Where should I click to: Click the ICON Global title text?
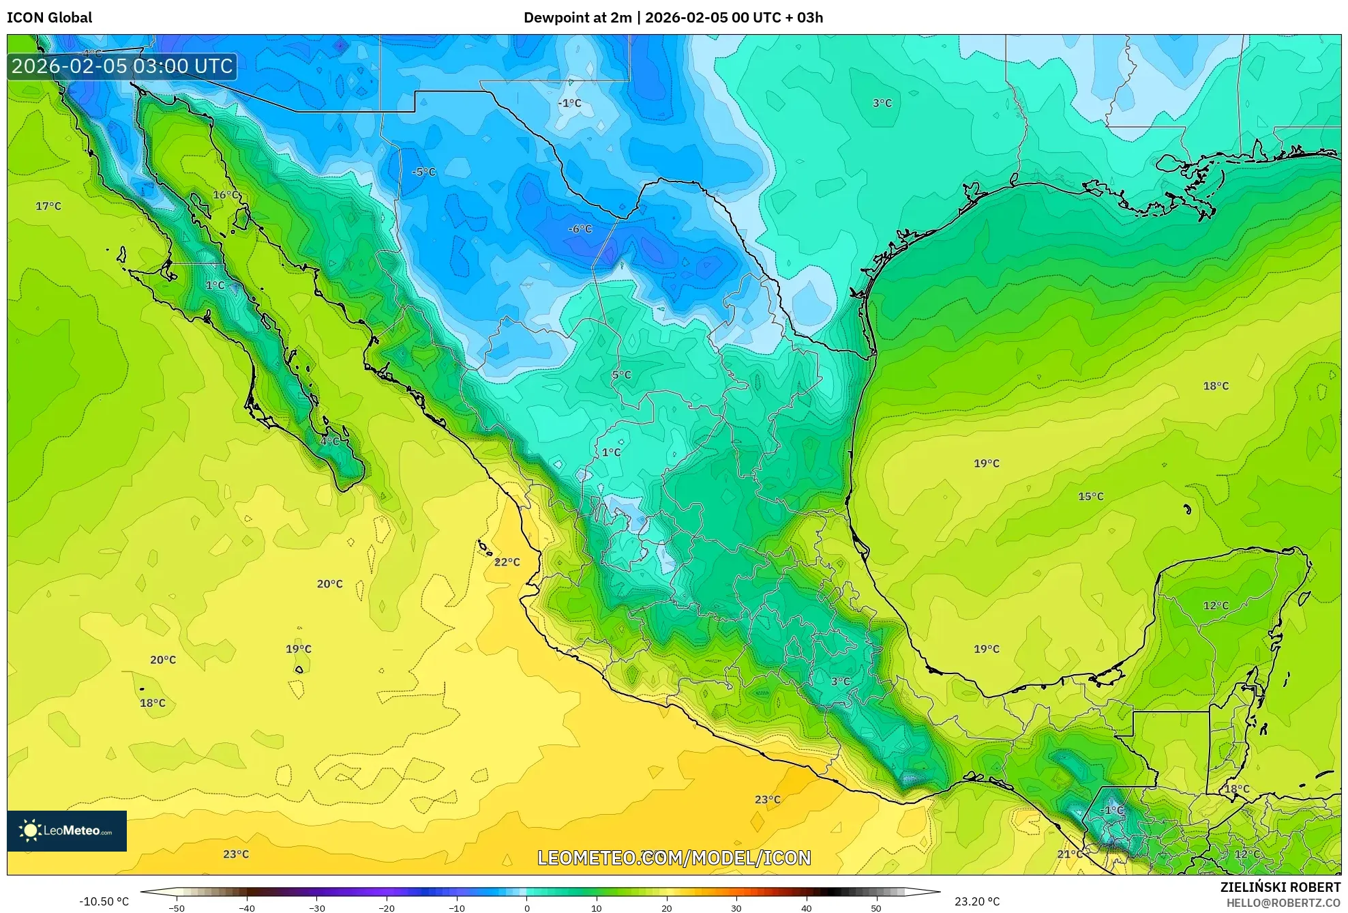[x=49, y=18]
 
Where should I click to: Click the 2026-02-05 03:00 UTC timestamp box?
[x=122, y=66]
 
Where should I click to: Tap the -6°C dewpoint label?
[x=580, y=229]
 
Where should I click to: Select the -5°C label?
[x=423, y=172]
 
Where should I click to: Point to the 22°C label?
[x=507, y=562]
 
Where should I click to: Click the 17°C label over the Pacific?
[x=48, y=206]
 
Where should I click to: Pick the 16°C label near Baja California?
[x=226, y=195]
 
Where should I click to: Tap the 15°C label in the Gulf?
[x=1090, y=497]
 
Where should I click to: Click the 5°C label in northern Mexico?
[x=621, y=375]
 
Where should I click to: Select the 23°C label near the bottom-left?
[x=236, y=854]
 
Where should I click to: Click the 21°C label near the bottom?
[x=1070, y=854]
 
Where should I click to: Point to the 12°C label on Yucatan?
[x=1216, y=606]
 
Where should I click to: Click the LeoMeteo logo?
[x=67, y=830]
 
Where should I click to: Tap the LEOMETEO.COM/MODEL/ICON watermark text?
[x=674, y=858]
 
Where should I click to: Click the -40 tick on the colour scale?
[x=247, y=908]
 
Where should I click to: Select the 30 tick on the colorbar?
[x=736, y=908]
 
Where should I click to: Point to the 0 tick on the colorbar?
[x=526, y=908]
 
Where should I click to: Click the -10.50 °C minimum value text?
[x=104, y=901]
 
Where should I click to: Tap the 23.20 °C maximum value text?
[x=976, y=901]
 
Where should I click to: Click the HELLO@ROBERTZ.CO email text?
[x=1283, y=903]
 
